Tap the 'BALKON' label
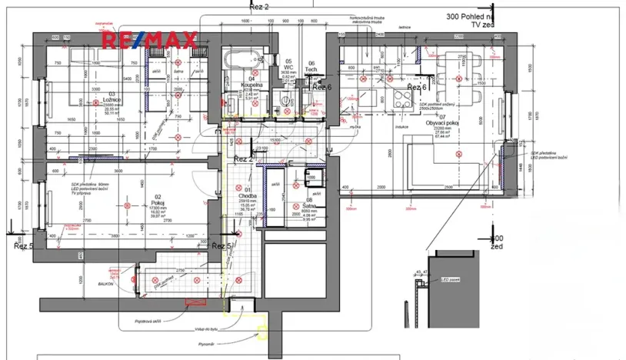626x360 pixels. click(x=105, y=283)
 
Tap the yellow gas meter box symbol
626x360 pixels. click(x=263, y=332)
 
